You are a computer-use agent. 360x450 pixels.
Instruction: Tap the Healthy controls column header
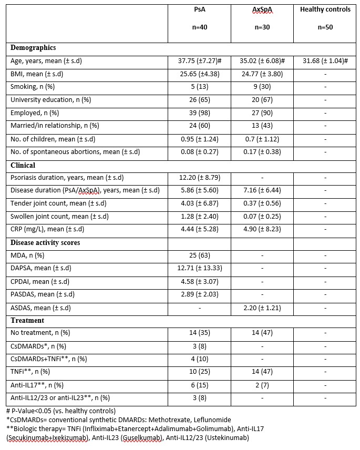click(x=325, y=11)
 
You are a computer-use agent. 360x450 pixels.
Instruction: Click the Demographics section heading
click(x=33, y=48)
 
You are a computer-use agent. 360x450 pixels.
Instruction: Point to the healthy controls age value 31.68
click(x=325, y=61)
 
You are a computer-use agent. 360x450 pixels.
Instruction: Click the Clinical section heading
click(x=23, y=165)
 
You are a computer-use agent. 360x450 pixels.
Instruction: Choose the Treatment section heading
click(x=27, y=320)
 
